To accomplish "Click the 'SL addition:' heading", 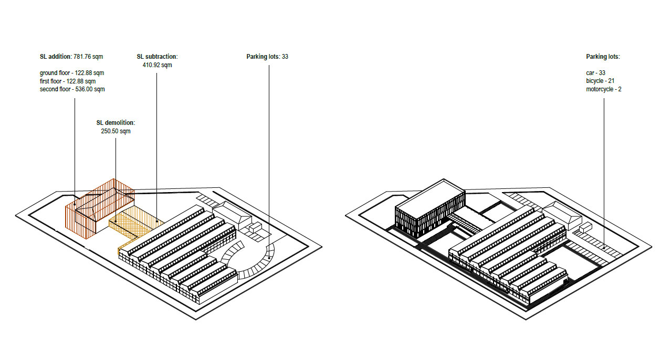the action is pos(56,56).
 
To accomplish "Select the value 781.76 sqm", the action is pos(88,56).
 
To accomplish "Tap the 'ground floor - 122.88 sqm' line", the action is pos(72,73).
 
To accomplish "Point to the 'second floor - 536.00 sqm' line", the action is pos(72,89).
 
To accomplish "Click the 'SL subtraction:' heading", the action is pos(158,56).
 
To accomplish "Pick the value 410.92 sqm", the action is pos(158,65).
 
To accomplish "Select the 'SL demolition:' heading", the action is pos(116,123).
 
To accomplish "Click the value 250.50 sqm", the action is pos(116,131).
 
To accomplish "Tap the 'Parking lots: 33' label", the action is pos(267,56).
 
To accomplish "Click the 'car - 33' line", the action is pos(595,73).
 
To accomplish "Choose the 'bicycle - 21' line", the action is pos(600,81).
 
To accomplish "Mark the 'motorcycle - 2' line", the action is pos(604,89).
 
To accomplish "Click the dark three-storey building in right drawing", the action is pos(430,208).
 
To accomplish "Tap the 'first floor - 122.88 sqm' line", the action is pos(68,81).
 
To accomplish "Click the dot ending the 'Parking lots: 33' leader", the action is pos(269,258).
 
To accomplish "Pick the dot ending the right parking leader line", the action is pos(604,248).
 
